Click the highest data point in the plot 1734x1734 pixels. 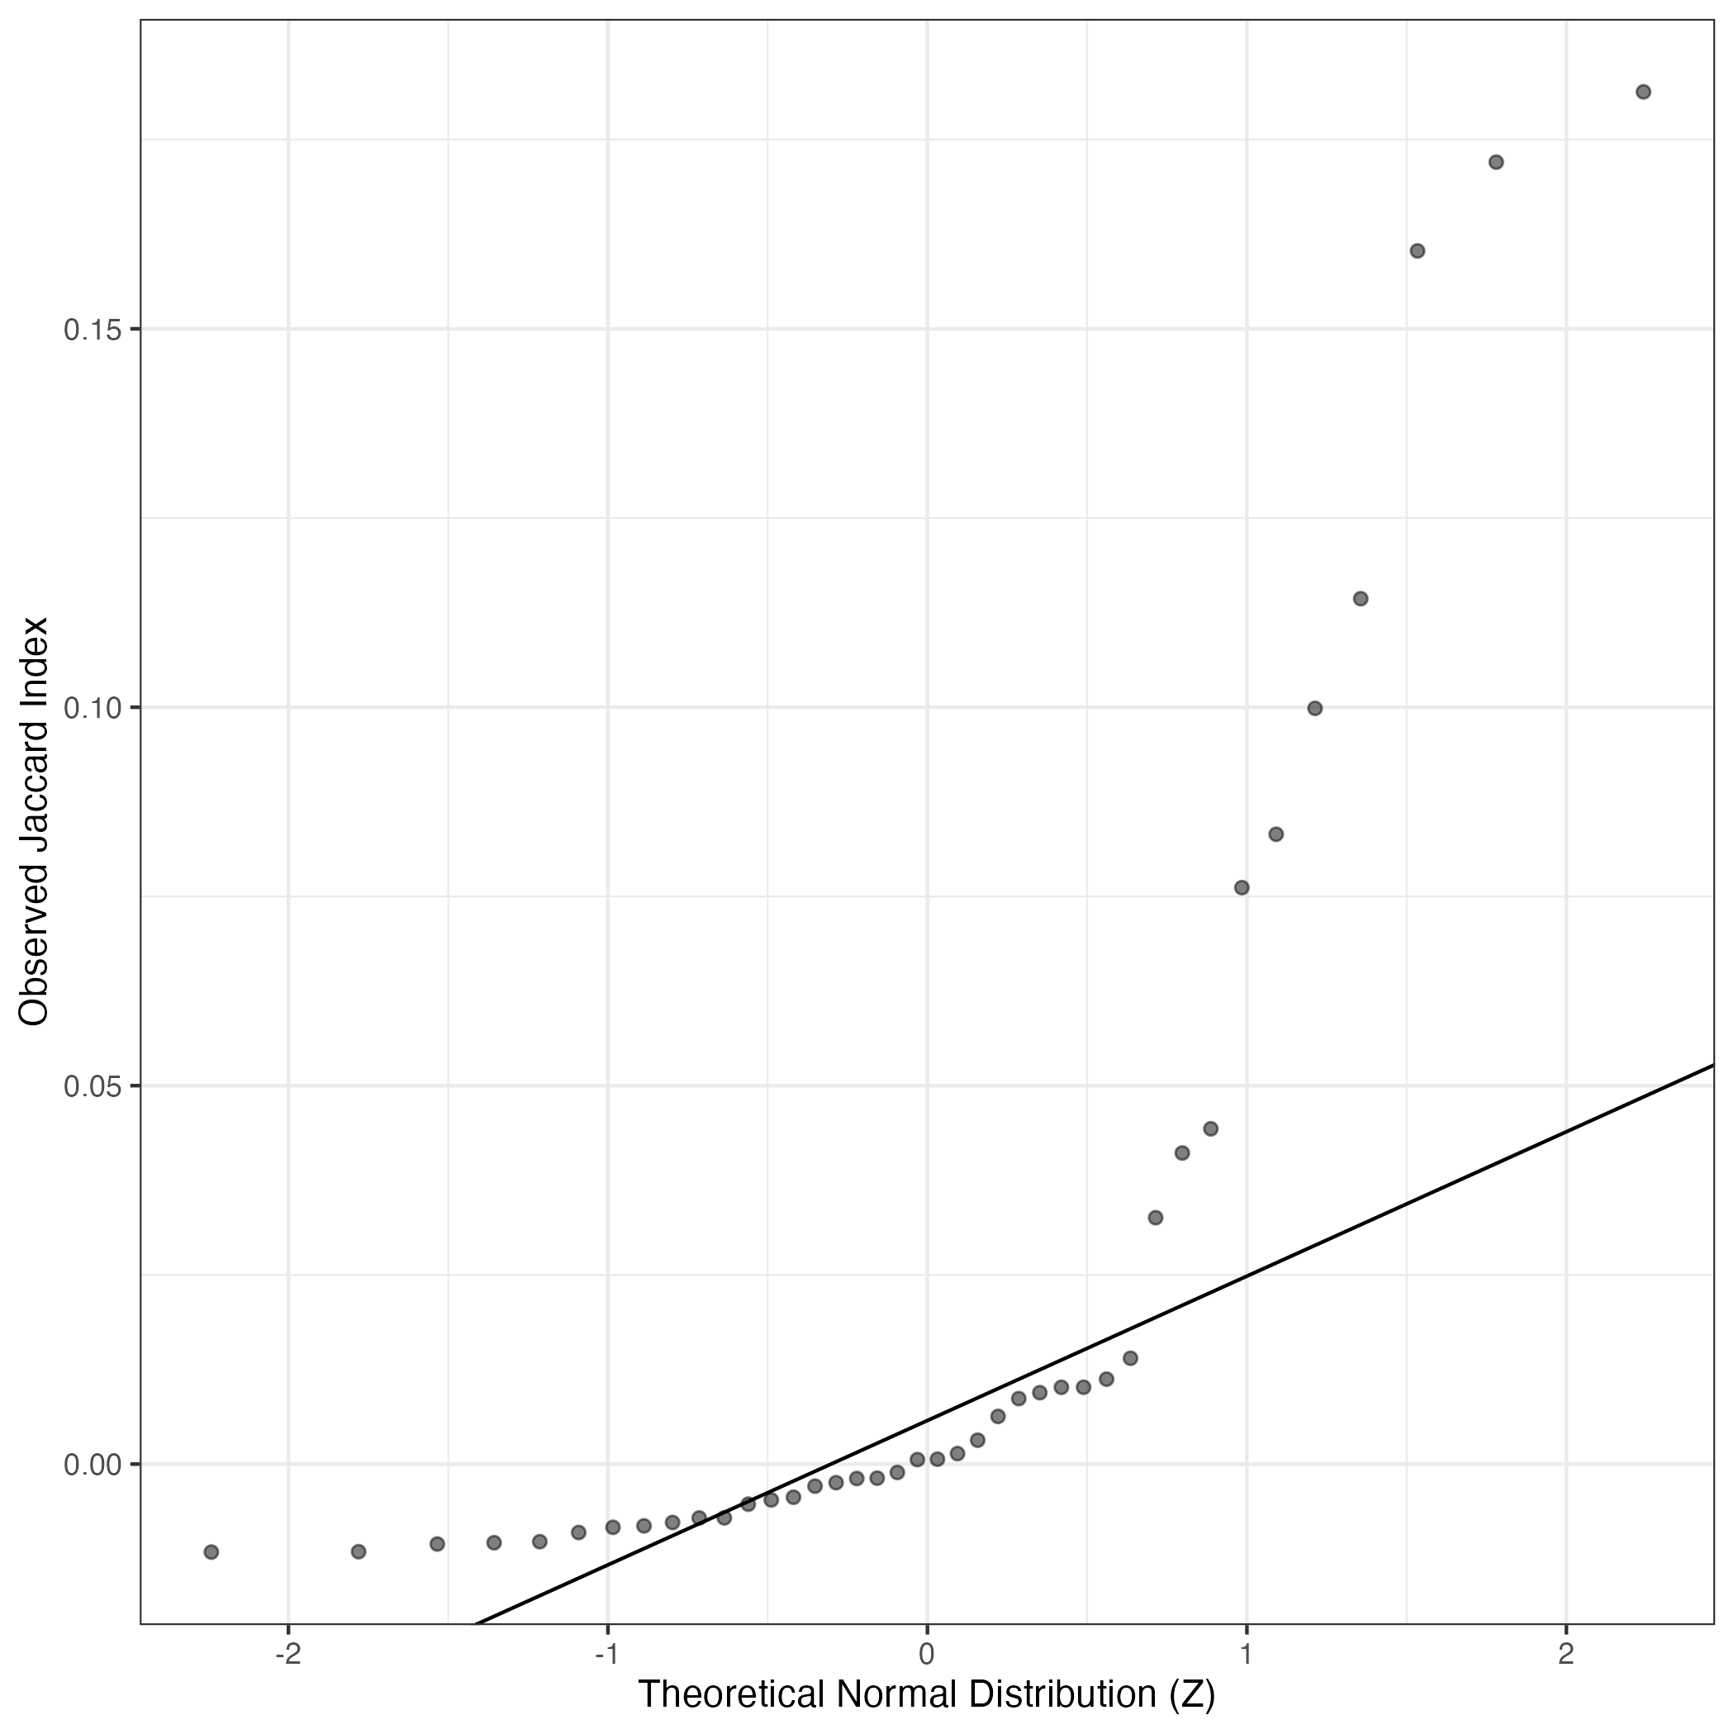(1643, 92)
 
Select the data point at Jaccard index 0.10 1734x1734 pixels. (1315, 708)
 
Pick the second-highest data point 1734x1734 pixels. (1496, 163)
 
